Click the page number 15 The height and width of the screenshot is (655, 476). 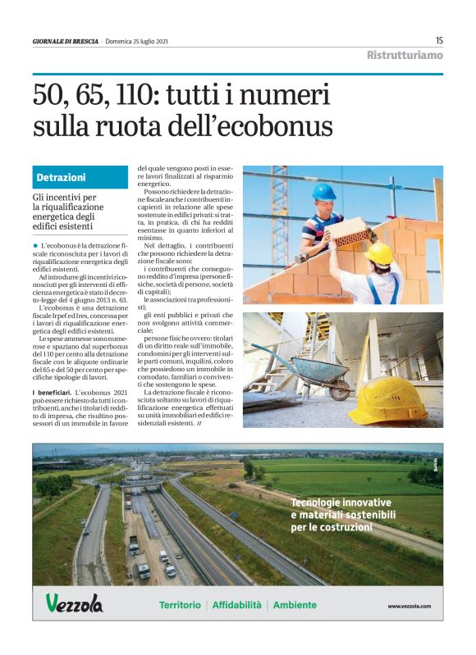(x=439, y=40)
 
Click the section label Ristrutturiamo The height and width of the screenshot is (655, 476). (x=405, y=56)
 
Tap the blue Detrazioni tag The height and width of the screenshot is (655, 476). (x=61, y=177)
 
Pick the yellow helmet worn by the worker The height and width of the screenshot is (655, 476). (x=379, y=252)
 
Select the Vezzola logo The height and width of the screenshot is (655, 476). (x=74, y=604)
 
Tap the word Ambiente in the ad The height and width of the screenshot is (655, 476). (x=295, y=605)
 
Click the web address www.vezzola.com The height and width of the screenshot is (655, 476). (x=409, y=606)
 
